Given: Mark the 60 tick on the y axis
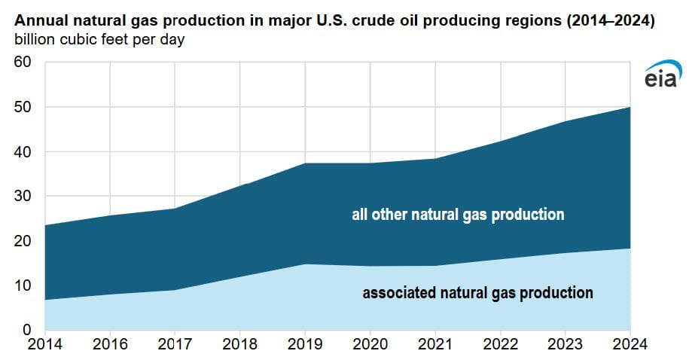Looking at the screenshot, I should coord(23,62).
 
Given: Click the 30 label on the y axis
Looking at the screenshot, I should coord(23,196).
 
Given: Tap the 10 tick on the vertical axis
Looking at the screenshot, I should coord(23,285).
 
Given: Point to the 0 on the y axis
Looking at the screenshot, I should coord(27,330).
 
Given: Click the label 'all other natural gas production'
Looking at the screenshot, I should coord(458,215).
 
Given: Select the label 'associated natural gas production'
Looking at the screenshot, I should coord(477,293).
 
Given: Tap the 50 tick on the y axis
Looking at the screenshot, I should coord(23,107).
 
